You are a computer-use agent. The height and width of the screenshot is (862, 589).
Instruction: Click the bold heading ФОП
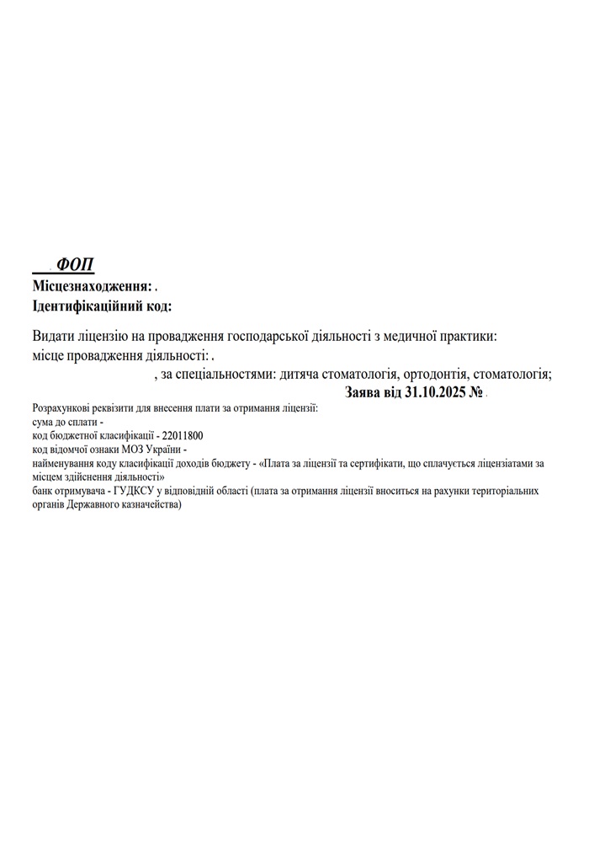pos(76,265)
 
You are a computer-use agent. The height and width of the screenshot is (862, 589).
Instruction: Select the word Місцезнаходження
pos(92,286)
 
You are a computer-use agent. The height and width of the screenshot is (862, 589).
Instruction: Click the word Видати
pos(53,336)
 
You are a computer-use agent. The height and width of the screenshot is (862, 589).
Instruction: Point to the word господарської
pos(275,336)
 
